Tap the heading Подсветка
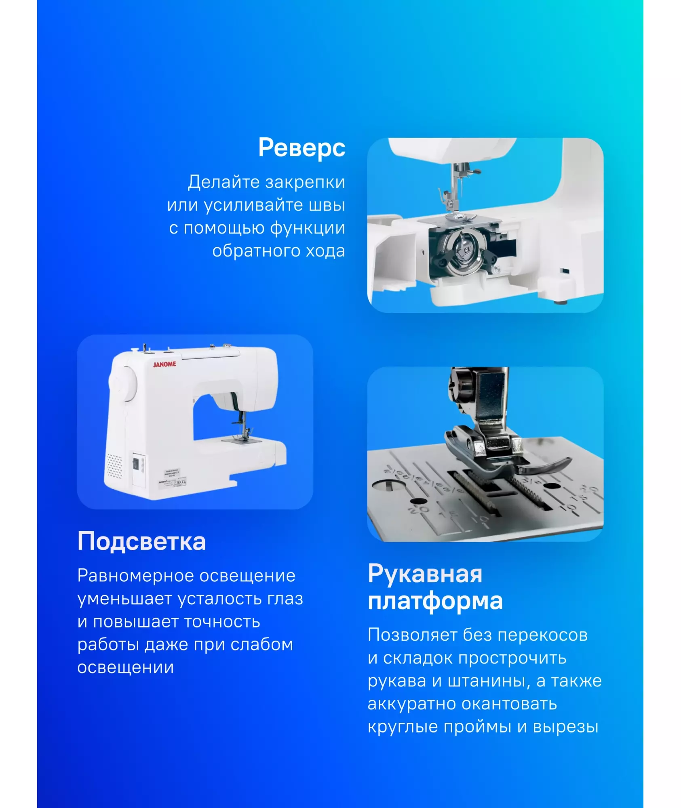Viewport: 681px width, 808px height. click(x=141, y=541)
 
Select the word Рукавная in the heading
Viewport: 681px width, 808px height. click(x=425, y=574)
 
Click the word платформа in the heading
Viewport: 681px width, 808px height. click(x=435, y=602)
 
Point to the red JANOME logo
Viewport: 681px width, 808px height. click(x=164, y=364)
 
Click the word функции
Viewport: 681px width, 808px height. click(x=308, y=229)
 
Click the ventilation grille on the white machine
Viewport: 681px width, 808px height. click(x=114, y=466)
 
